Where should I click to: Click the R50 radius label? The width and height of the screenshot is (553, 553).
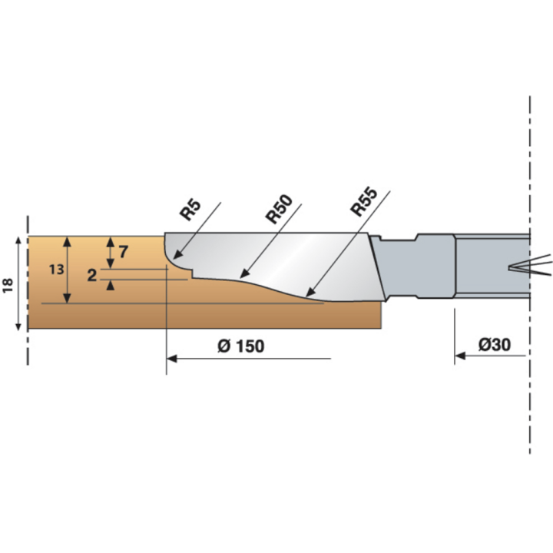click(x=279, y=209)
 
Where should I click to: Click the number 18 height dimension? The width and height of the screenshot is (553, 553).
click(x=8, y=285)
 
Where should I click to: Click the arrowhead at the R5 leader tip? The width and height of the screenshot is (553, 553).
click(x=178, y=255)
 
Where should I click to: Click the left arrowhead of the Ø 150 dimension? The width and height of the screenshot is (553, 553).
click(x=172, y=358)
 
